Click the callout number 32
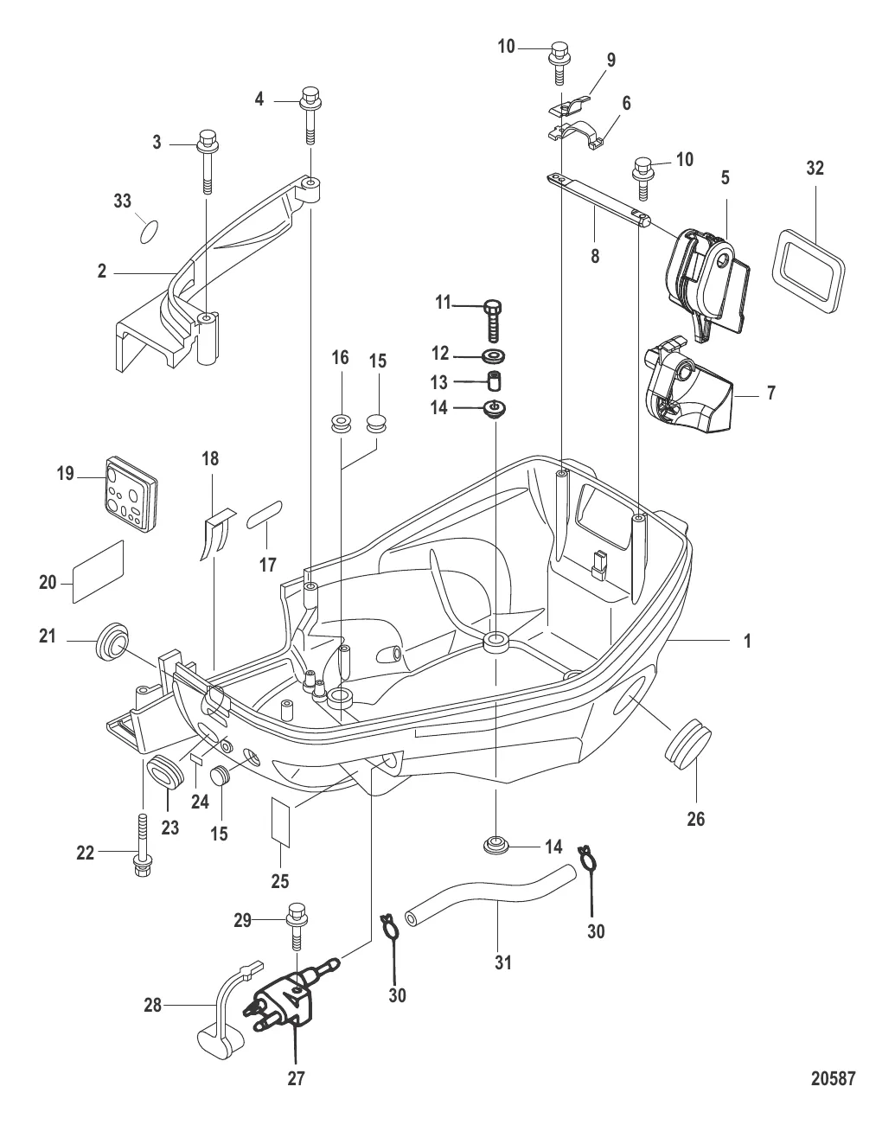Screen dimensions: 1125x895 (x=815, y=168)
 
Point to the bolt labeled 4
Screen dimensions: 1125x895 (x=310, y=112)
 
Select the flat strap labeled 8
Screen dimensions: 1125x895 (x=597, y=198)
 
